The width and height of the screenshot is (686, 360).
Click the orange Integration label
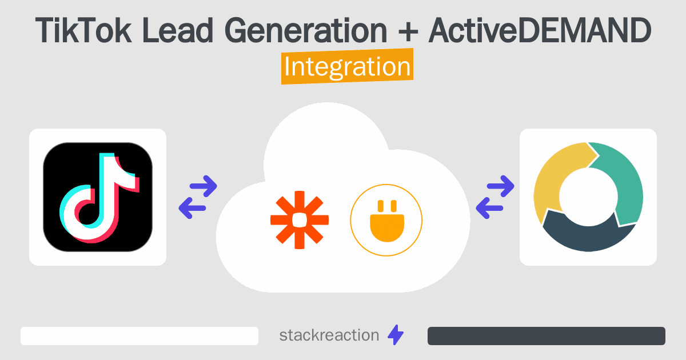pos(347,67)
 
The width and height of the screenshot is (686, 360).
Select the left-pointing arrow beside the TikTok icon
pos(193,207)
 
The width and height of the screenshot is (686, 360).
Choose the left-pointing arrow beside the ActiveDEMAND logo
pos(490,207)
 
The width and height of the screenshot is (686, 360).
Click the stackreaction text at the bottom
pos(329,335)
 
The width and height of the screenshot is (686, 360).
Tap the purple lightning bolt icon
pos(396,335)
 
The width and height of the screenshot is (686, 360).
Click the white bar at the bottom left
pos(139,336)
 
